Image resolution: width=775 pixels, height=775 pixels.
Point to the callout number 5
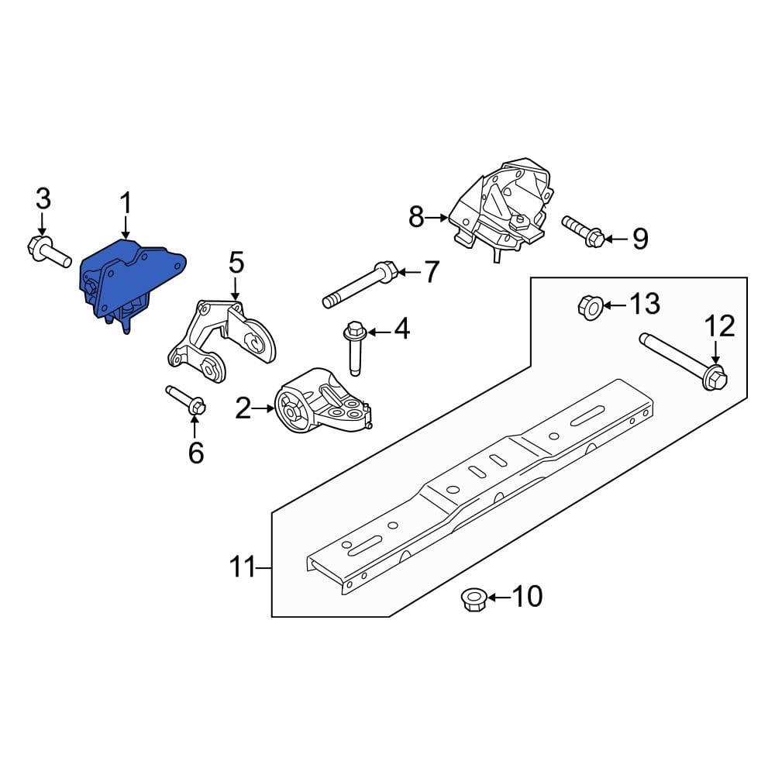coord(236,263)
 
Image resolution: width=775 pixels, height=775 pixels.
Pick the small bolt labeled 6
coord(186,400)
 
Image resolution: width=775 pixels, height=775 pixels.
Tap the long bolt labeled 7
coord(360,284)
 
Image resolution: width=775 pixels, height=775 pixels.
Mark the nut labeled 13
coord(590,308)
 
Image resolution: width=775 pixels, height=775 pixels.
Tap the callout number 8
coord(416,218)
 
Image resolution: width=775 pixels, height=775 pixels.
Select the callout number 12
coord(720,326)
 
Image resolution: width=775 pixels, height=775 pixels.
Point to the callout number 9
coord(639,239)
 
